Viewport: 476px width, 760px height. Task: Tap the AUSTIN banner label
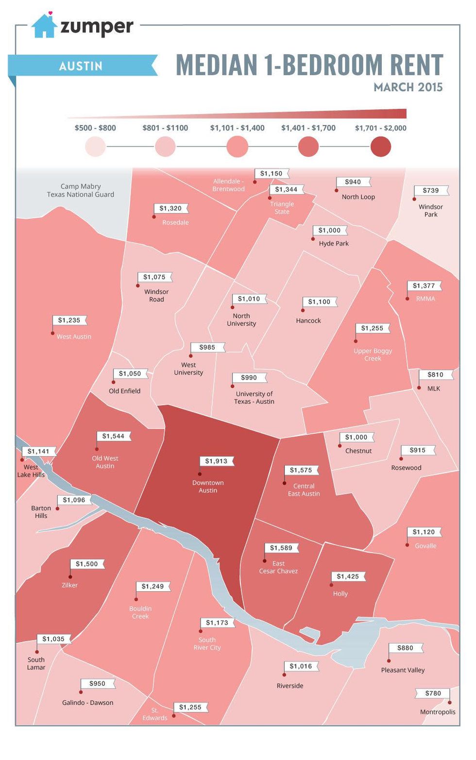pos(81,66)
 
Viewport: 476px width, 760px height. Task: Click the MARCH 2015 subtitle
pos(408,87)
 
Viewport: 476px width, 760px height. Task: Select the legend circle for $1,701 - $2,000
pos(380,147)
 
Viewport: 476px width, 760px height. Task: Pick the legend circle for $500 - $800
pos(95,147)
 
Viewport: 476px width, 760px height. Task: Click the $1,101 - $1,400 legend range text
pos(237,128)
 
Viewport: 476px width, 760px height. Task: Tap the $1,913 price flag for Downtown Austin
pos(216,461)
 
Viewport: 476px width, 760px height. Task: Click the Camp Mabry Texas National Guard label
pos(81,190)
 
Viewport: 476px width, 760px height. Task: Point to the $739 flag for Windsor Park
pos(430,191)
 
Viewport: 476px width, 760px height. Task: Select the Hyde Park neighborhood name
pos(334,244)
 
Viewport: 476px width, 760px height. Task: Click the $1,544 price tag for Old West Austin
pos(113,436)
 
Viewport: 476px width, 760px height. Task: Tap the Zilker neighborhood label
pos(69,585)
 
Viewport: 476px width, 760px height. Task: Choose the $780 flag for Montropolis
pos(433,693)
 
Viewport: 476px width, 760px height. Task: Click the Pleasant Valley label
pos(403,670)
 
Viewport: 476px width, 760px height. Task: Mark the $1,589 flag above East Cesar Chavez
pos(281,548)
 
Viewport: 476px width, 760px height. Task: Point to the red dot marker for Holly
pos(332,585)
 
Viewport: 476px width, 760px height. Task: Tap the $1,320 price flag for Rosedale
pos(170,208)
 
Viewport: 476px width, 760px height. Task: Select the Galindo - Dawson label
pos(87,703)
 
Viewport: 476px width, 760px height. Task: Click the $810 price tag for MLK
pos(435,375)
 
